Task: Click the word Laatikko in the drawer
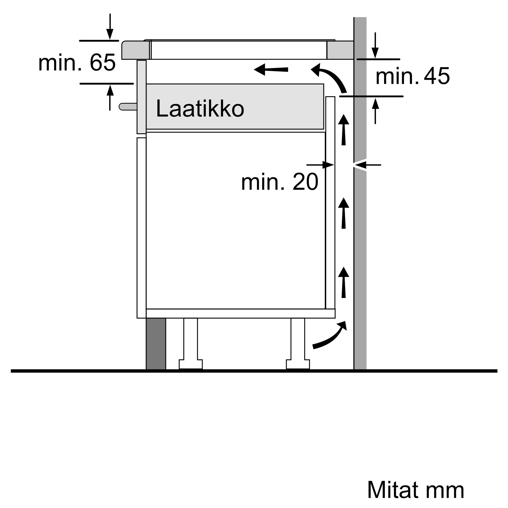(x=200, y=108)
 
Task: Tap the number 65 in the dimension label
(x=103, y=62)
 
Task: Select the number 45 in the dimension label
(x=437, y=76)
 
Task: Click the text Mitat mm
(x=416, y=490)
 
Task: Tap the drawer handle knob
(x=128, y=106)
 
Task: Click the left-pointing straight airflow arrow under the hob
(x=271, y=69)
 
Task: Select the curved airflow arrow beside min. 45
(x=329, y=78)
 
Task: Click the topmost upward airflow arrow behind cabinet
(x=343, y=130)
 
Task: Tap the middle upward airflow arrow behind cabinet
(x=343, y=213)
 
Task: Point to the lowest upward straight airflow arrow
(x=343, y=282)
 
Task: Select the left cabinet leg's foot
(x=191, y=364)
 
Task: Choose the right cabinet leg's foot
(x=298, y=364)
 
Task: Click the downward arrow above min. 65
(x=110, y=27)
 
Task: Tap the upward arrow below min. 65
(x=110, y=98)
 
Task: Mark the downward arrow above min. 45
(x=375, y=45)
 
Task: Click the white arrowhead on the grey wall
(x=360, y=165)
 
